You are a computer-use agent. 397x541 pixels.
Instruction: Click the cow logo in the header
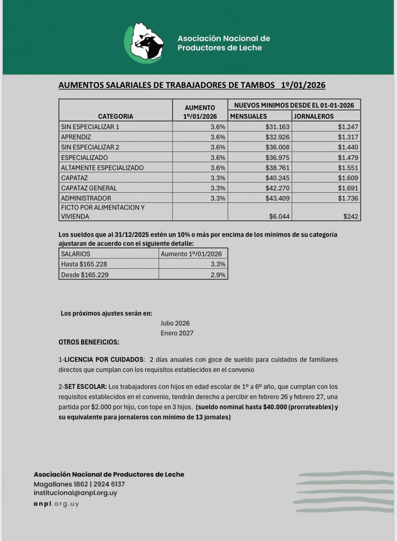coord(144,43)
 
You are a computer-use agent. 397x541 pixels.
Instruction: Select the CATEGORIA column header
coord(115,116)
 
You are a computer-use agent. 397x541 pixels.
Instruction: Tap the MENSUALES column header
coord(249,116)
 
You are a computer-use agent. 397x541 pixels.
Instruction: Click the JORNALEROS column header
coord(314,116)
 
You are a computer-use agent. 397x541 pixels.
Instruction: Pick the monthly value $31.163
coord(277,127)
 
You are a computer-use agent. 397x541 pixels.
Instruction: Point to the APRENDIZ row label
coord(76,137)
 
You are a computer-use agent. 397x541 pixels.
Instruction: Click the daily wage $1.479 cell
coord(348,158)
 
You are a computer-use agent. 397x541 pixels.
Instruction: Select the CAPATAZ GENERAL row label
coord(89,188)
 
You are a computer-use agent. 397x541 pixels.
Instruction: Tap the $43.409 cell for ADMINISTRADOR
coord(277,198)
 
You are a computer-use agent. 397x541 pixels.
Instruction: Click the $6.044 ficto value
coord(279,216)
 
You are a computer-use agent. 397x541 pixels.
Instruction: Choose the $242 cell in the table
coord(351,216)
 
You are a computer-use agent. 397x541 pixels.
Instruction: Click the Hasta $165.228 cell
coord(84,264)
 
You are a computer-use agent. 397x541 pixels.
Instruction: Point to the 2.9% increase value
coord(218,275)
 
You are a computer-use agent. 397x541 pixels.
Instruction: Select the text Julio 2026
coord(175,323)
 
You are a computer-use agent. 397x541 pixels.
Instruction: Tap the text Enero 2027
coord(177,333)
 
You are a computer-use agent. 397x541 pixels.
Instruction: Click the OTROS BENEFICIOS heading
coord(89,342)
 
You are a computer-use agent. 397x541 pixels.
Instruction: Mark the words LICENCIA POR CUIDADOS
coord(104,359)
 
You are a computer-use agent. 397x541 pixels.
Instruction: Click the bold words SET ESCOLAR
coord(85,387)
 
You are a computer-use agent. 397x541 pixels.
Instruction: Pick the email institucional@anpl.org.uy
coord(75,493)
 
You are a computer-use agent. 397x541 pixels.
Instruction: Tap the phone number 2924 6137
coord(109,484)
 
